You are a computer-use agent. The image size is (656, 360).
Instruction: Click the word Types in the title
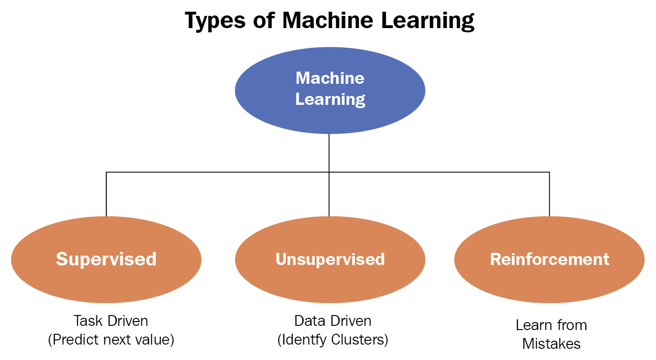coord(214,21)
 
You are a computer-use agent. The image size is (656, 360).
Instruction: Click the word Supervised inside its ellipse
coord(106,259)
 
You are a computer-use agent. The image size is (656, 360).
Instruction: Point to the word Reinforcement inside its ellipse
coord(549,259)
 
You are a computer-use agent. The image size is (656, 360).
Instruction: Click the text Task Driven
coord(111,321)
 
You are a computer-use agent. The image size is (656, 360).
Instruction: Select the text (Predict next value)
coord(111,340)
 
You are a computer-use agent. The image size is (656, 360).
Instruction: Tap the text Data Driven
coord(332,321)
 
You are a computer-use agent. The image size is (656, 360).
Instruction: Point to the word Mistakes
coord(551,344)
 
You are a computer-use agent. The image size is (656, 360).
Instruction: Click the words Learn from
coord(551,325)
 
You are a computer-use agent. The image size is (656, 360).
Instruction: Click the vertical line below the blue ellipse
coord(329,152)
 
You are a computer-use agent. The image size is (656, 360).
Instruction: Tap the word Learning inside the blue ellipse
coord(330,99)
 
